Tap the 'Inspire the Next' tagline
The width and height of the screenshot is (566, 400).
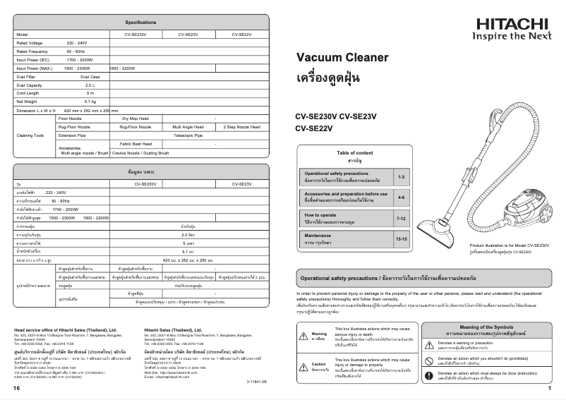point(511,36)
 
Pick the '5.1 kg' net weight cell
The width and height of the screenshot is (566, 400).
point(90,102)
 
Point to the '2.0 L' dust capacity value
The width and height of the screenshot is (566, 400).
point(90,85)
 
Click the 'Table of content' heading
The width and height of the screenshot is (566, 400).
point(355,153)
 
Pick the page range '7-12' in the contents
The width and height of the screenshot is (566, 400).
point(401,219)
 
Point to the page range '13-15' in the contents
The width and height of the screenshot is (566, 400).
point(401,239)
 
